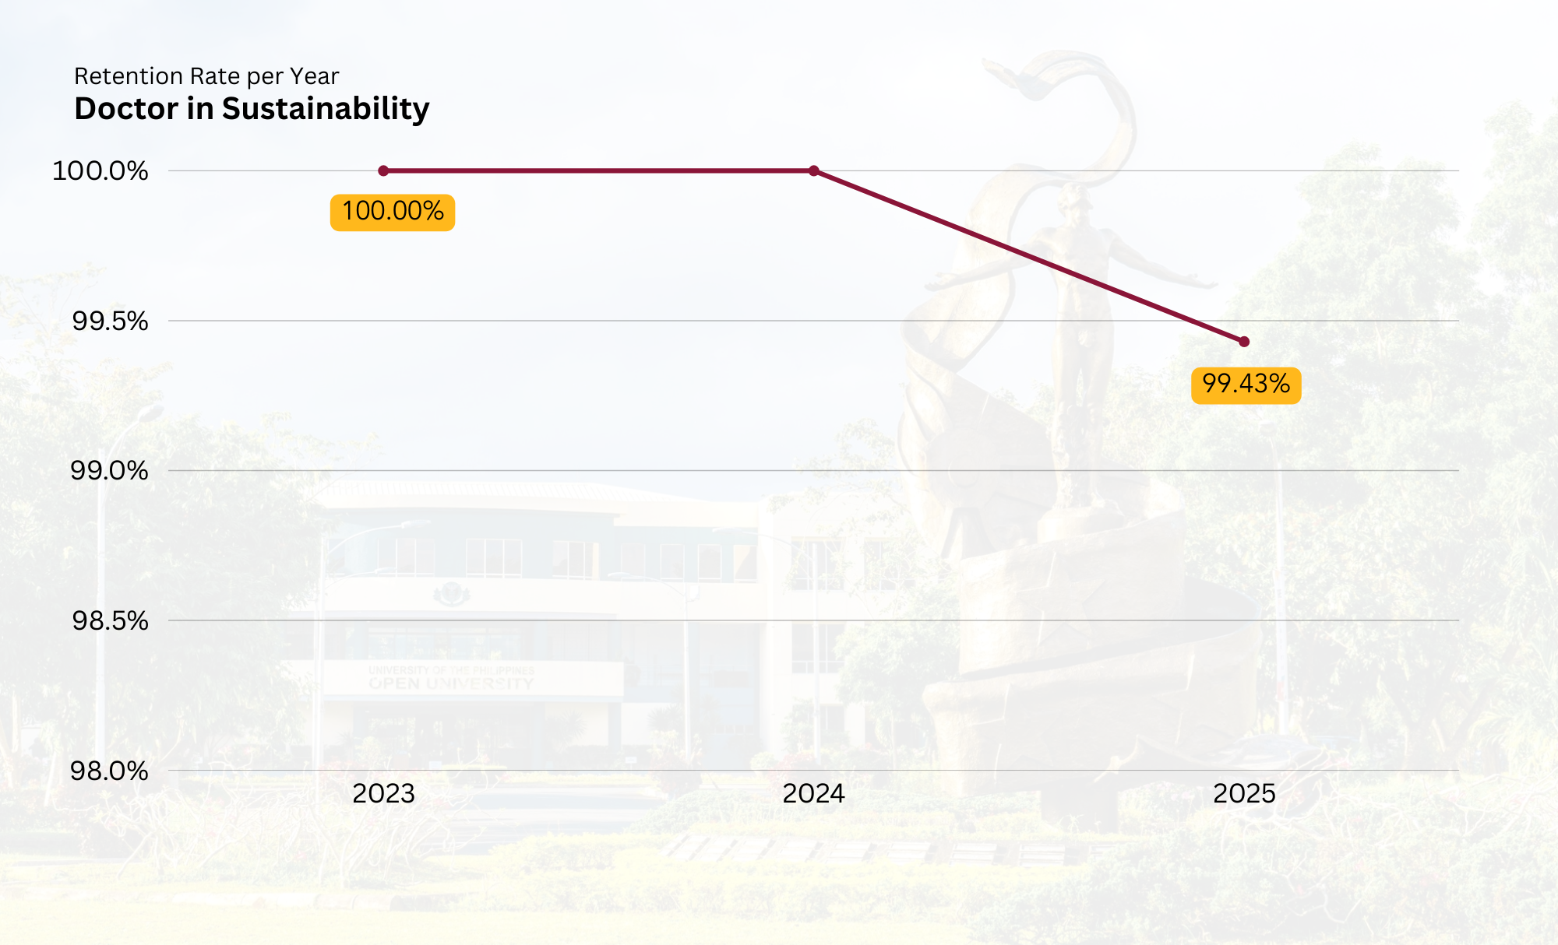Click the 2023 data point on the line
383,170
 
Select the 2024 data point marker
814,170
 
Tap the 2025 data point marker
1244,342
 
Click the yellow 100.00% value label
393,212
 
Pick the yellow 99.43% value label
1246,385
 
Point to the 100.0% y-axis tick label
100,170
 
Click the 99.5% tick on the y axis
110,321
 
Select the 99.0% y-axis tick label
109,470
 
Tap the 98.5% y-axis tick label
110,620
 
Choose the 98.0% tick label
109,771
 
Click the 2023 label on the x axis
383,794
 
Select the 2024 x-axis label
814,794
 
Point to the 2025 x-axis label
1244,794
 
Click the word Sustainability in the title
326,109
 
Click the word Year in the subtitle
314,76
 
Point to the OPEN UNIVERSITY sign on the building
451,683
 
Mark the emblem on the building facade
451,595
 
